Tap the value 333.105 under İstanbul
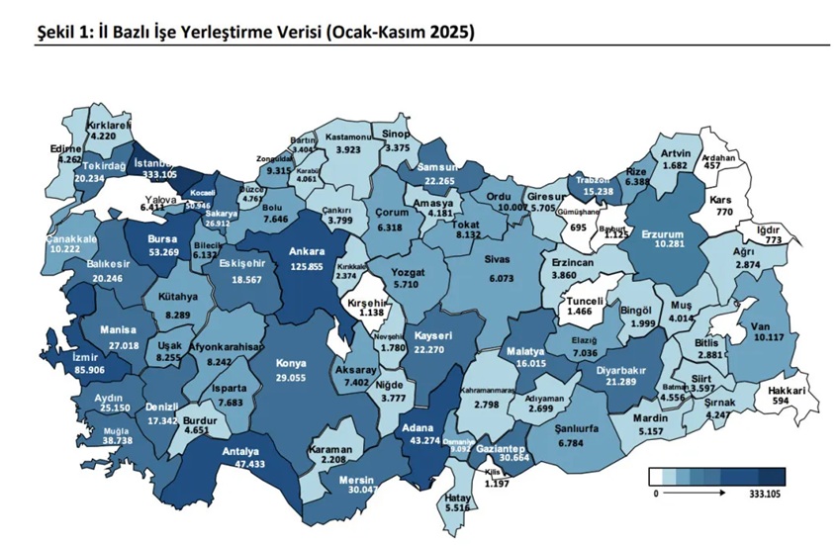159,174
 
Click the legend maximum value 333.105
766,492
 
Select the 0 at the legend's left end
654,492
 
